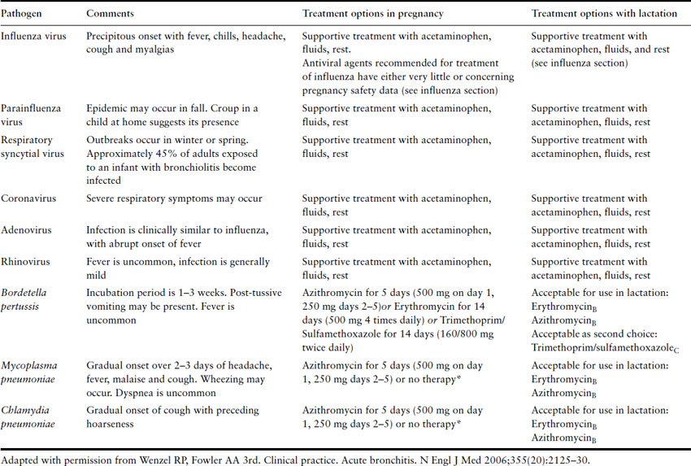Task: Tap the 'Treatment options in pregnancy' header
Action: pos(373,14)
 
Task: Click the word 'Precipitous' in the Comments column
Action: pos(113,36)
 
